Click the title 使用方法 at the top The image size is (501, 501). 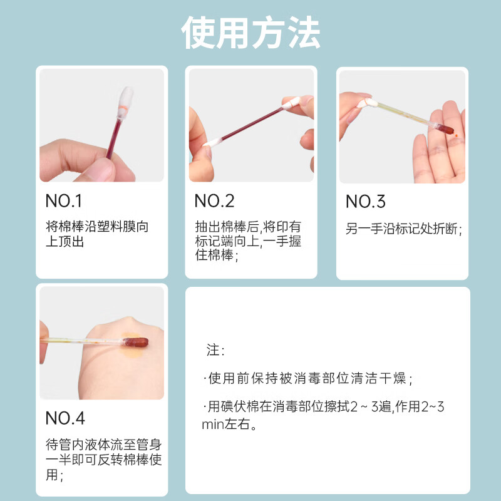(x=250, y=32)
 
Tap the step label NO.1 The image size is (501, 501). (x=64, y=201)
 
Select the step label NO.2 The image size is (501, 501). (x=214, y=201)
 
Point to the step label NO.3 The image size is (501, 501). (x=366, y=202)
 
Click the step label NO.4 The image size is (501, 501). (x=65, y=418)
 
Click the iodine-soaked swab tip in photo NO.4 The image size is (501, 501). (x=137, y=342)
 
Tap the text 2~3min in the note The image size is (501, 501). (x=432, y=408)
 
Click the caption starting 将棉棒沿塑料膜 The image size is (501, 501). (x=97, y=234)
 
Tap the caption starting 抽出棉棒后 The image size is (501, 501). (x=247, y=240)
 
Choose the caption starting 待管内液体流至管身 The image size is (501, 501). (x=103, y=460)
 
